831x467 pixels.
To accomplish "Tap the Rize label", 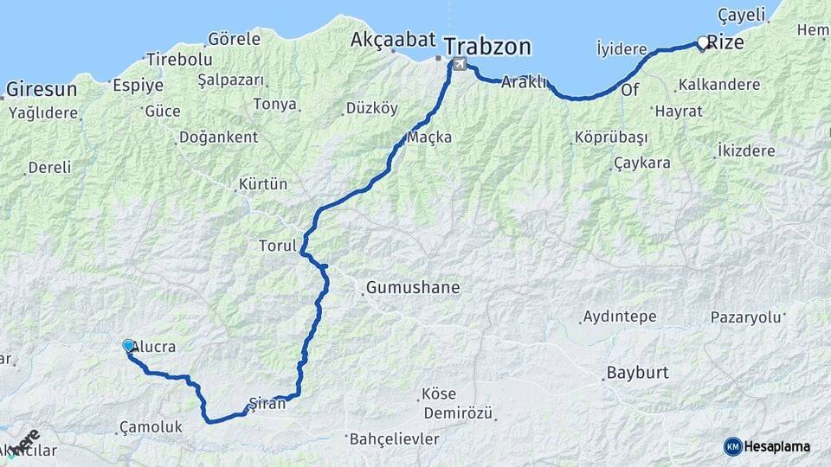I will [725, 41].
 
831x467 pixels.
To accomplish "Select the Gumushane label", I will [412, 287].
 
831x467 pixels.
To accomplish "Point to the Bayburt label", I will [637, 374].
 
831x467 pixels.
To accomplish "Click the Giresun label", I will [42, 89].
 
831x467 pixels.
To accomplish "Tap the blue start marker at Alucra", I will [128, 346].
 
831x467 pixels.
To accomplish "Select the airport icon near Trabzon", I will [458, 64].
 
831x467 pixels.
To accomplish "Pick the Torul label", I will [277, 246].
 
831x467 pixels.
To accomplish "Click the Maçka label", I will [429, 138].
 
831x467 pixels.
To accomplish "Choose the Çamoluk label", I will [151, 427].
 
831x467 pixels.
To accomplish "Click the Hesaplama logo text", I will [777, 446].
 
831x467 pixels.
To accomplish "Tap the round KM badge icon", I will [732, 446].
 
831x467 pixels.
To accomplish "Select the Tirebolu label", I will [179, 60].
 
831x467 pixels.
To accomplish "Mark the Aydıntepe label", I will [619, 317].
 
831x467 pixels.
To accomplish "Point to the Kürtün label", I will [262, 185].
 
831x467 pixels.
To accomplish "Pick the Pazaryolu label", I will [745, 317].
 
